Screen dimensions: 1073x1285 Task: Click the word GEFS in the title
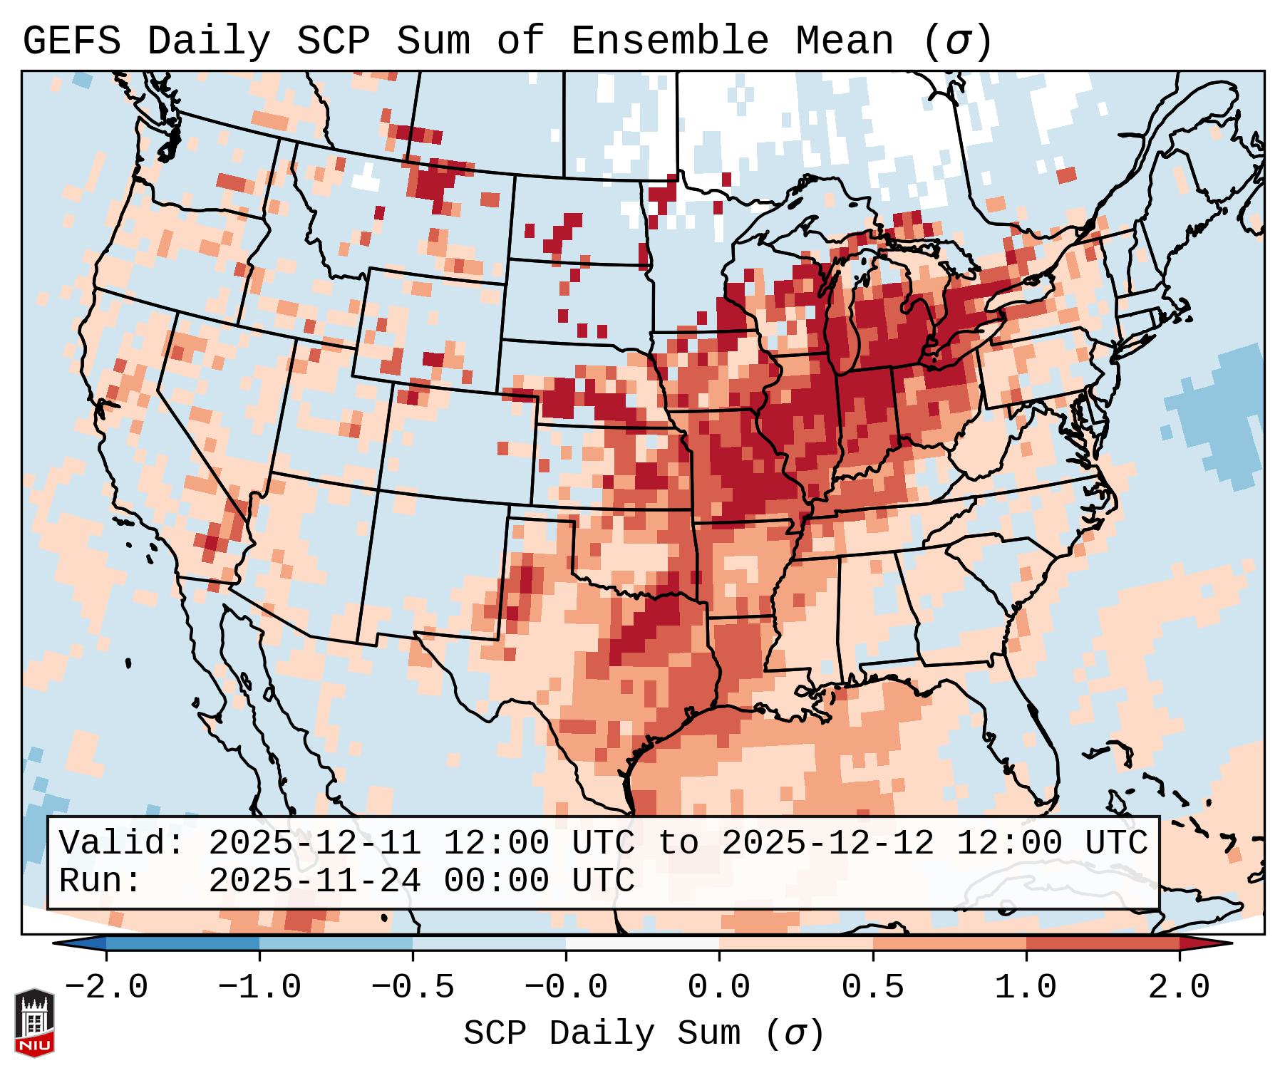pos(71,41)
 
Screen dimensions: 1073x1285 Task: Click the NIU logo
pos(34,1022)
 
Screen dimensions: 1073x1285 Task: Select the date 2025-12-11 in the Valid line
pos(314,844)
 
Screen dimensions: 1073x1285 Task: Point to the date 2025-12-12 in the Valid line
pos(827,844)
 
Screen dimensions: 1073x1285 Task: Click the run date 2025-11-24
pos(314,881)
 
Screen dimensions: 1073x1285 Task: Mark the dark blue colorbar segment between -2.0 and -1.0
pos(182,943)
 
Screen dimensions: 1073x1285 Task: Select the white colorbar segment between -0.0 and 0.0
pos(643,943)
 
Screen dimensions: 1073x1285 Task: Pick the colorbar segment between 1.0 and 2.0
pos(1103,943)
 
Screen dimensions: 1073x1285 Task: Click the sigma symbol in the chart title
pos(957,41)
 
